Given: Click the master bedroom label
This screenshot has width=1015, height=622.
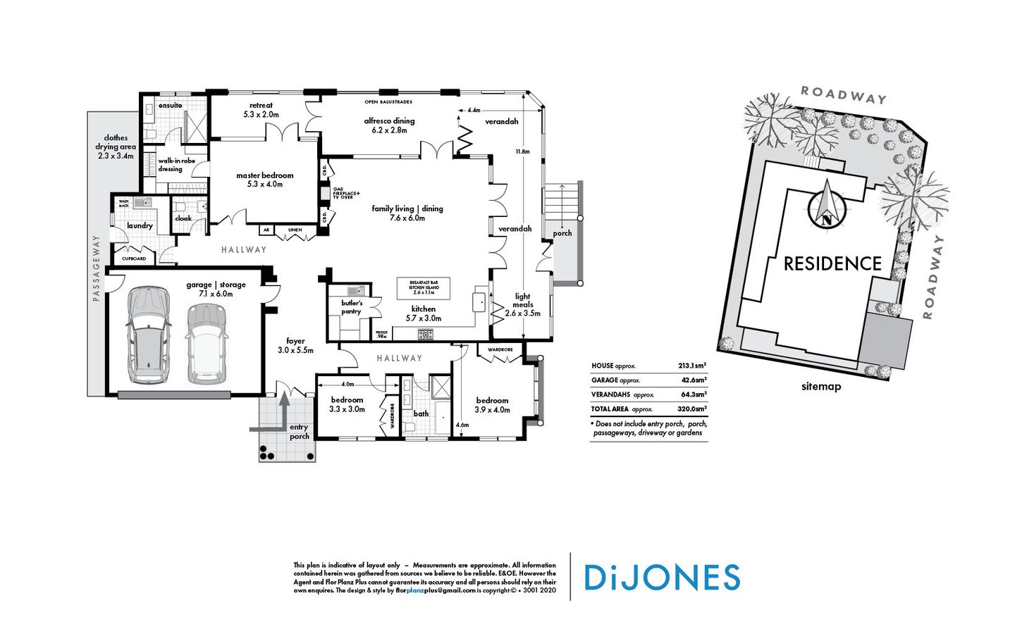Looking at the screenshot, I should (264, 180).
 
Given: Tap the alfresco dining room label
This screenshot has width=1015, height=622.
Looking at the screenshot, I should (389, 125).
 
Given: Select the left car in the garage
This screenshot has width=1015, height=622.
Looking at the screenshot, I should (148, 335).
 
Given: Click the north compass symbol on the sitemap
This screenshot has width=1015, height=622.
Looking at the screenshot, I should (826, 204).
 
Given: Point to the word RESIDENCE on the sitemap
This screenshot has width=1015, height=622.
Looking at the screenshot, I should (832, 264).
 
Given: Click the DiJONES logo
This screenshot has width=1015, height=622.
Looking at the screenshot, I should (662, 578).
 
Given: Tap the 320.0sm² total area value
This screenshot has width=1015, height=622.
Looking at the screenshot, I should (692, 409).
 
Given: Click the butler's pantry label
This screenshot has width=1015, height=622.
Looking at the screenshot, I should (351, 307).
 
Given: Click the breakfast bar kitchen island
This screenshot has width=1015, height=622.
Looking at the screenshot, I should (424, 287).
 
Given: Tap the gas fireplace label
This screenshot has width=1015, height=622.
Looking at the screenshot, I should (346, 193).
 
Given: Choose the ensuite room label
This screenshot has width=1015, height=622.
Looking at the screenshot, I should (170, 106).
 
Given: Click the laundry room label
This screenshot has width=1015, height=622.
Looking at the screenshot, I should (140, 225).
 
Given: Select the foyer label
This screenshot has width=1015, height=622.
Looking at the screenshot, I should (295, 345).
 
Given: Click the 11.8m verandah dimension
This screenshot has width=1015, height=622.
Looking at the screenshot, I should (522, 151).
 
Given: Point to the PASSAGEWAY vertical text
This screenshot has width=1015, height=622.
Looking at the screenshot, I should (97, 268).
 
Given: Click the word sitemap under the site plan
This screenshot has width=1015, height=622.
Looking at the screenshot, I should (821, 386).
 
